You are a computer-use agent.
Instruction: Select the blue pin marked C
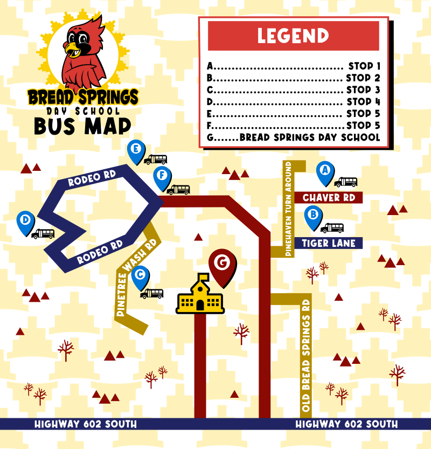point(141,276)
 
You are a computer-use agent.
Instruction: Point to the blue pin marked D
point(25,221)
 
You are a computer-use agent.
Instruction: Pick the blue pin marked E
point(136,150)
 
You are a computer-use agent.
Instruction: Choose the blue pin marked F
point(162,176)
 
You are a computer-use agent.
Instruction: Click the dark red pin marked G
point(221,264)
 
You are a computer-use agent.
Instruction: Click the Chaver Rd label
point(329,198)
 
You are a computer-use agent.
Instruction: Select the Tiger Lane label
point(329,243)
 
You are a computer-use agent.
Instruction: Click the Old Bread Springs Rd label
point(306,356)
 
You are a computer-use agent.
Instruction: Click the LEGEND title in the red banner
point(293,36)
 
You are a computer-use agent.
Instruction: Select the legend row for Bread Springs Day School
point(293,137)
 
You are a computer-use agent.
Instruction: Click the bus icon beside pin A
point(345,183)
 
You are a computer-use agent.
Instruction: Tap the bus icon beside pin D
point(43,234)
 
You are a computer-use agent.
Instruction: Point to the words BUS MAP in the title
point(82,126)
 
